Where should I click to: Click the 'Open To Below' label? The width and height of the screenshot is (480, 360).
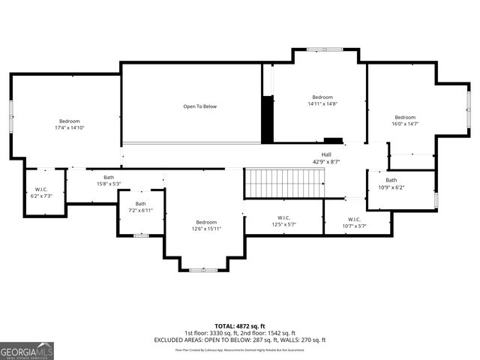coord(200,106)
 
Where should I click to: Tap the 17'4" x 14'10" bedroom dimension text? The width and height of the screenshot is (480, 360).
coord(69,128)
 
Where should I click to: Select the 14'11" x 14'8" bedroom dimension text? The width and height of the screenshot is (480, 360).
coord(322,104)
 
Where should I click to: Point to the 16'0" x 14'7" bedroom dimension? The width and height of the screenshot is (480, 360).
coord(405,124)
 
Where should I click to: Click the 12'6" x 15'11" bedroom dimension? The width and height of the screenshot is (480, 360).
coord(206,229)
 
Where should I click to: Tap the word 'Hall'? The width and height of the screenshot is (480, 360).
coord(326,154)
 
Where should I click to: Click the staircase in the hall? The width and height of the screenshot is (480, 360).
coord(284,182)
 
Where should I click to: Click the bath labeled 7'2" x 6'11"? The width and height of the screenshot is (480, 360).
coord(141,207)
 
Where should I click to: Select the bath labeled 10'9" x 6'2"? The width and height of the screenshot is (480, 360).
coord(391,184)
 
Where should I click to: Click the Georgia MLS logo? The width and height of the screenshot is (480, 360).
coord(27,350)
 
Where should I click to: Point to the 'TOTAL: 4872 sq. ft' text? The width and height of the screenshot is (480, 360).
coord(239,326)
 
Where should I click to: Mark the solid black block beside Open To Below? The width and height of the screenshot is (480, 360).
coord(267,118)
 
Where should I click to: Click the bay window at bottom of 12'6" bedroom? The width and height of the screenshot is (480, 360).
coord(202,269)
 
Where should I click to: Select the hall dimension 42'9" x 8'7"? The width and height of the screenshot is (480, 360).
coord(326,161)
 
